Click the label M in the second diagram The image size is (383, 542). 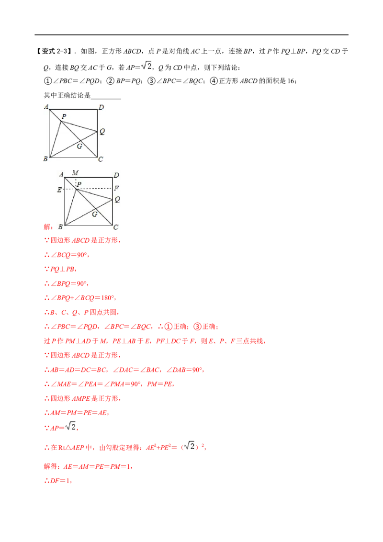click(x=75, y=172)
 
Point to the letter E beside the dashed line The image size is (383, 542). click(x=59, y=190)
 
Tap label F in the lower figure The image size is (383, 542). click(x=116, y=188)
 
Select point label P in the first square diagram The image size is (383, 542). click(x=64, y=116)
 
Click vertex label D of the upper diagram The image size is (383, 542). click(x=101, y=107)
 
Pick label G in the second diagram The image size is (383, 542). click(x=95, y=215)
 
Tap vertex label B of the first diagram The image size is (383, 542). click(x=45, y=158)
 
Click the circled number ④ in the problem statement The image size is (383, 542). click(x=214, y=81)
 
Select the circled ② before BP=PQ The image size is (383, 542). click(x=110, y=81)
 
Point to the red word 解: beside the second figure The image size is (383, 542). click(x=48, y=227)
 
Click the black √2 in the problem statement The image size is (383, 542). click(x=146, y=66)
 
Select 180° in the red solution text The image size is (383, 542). click(x=108, y=298)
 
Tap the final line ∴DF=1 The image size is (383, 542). click(x=58, y=481)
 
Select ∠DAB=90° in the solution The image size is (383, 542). click(x=184, y=370)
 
